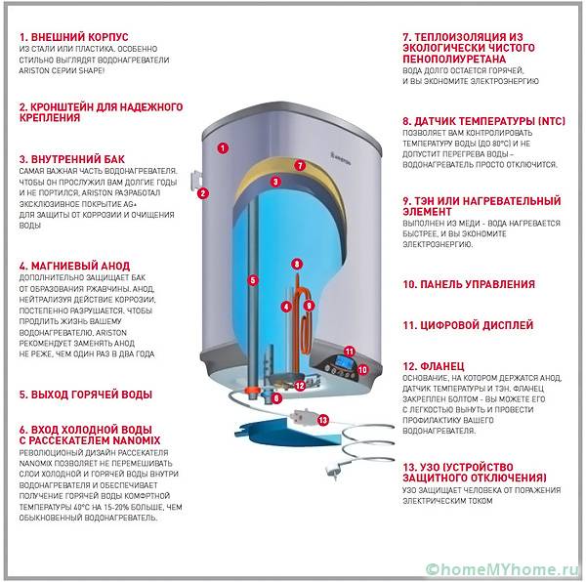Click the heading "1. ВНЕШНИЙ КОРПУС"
tap(73, 37)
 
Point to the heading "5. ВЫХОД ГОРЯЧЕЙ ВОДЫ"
tap(86, 395)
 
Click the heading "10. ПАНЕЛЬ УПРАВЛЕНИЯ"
tap(468, 285)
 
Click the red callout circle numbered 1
tap(223, 148)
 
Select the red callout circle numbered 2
tap(202, 192)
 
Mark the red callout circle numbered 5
tap(253, 280)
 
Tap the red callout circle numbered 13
tap(323, 420)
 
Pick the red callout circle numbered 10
tap(361, 370)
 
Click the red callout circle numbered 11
tap(349, 350)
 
